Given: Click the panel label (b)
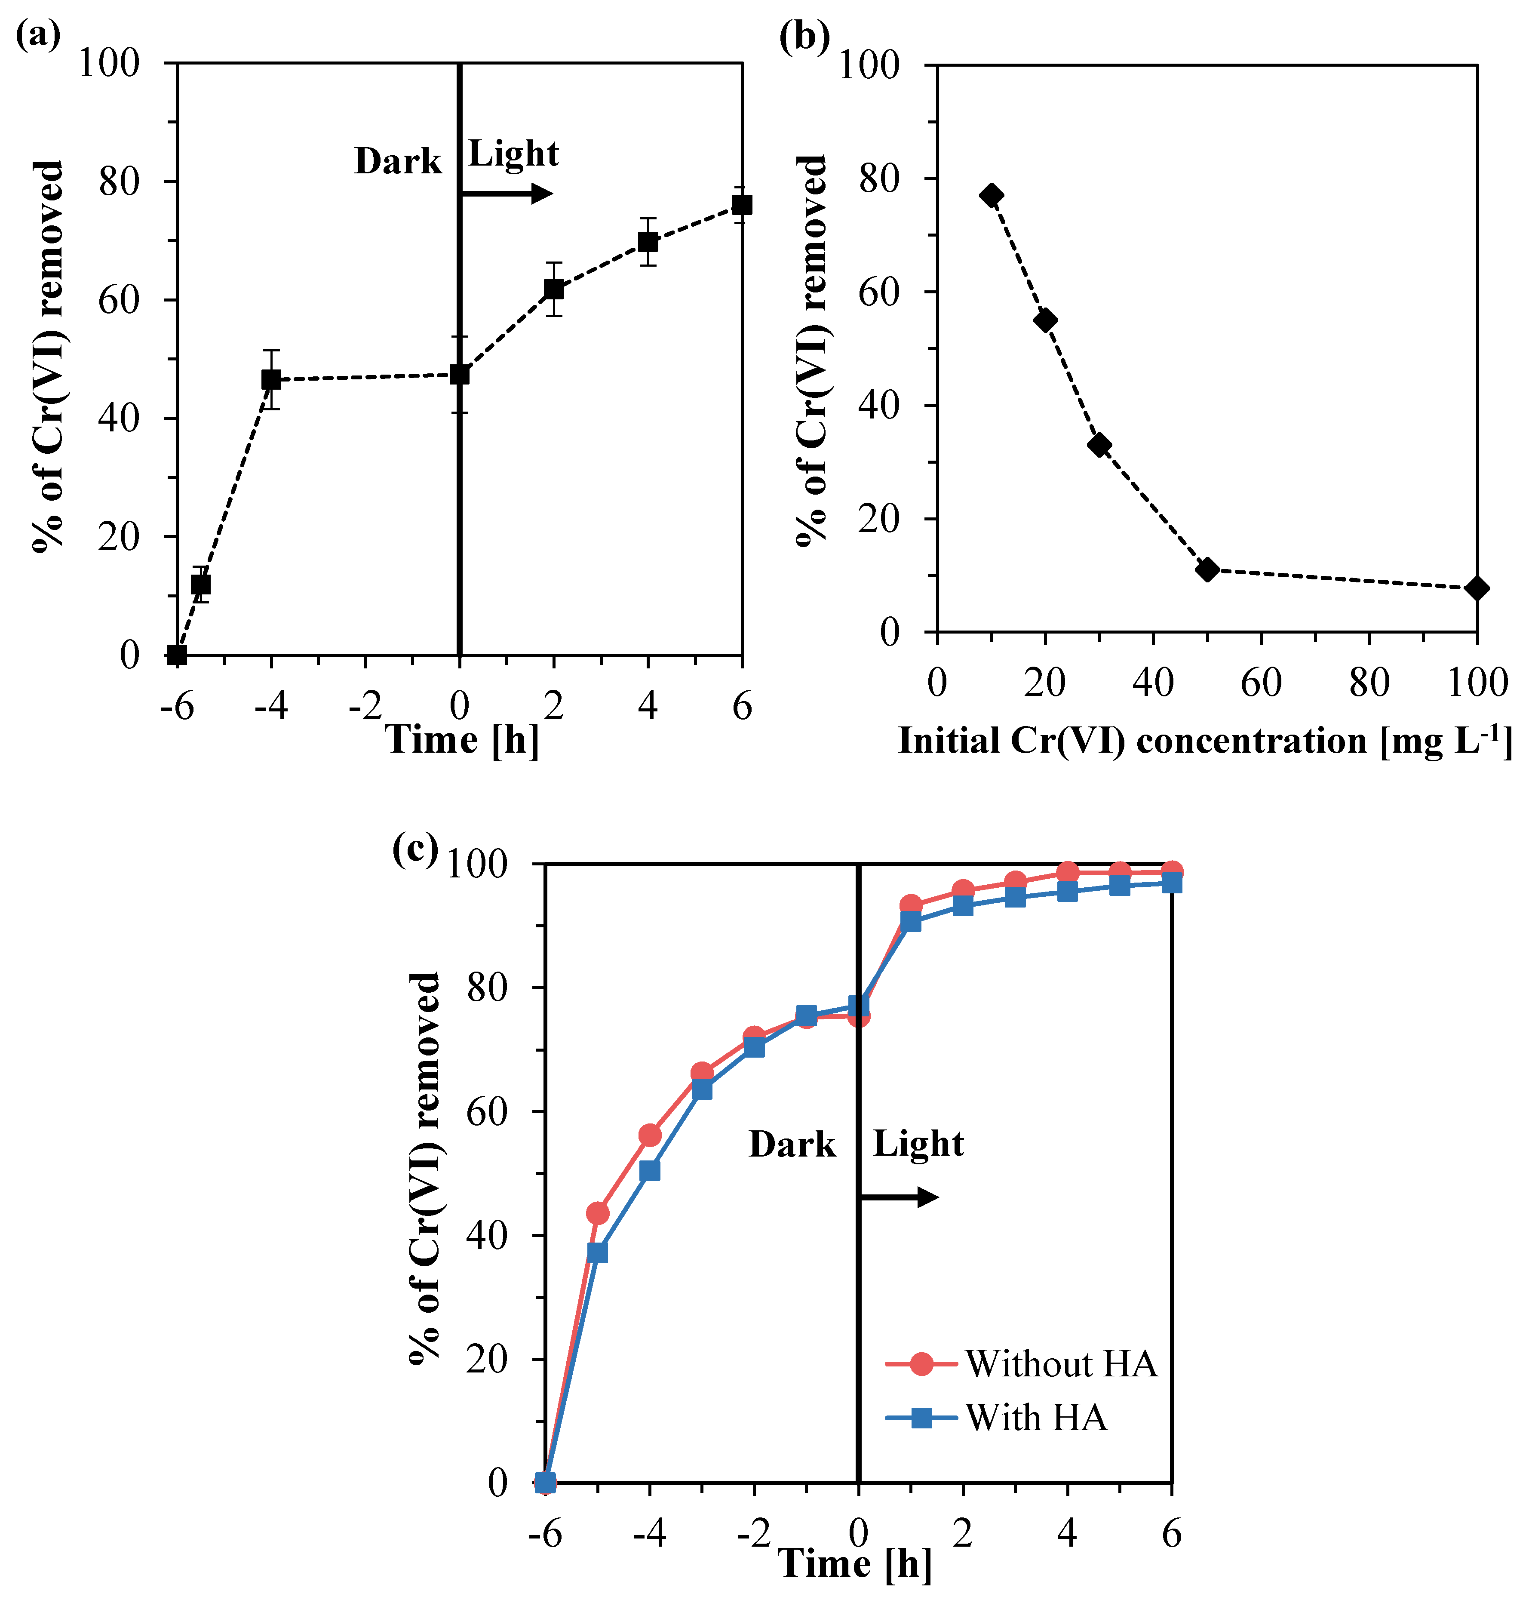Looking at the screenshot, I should click(804, 36).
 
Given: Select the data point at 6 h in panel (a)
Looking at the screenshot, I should click(741, 205).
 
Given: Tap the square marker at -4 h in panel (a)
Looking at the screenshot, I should click(271, 380).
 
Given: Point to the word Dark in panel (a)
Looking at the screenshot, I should click(397, 162).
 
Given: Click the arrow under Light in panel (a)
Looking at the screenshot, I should click(506, 194).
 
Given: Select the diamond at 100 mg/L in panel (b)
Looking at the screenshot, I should click(1476, 588).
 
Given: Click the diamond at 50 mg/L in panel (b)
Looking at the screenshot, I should click(1207, 570).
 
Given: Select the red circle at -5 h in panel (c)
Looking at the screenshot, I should click(598, 1213).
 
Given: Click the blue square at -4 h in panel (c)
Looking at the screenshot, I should click(650, 1171).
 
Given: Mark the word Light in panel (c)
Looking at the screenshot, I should click(918, 1144).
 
